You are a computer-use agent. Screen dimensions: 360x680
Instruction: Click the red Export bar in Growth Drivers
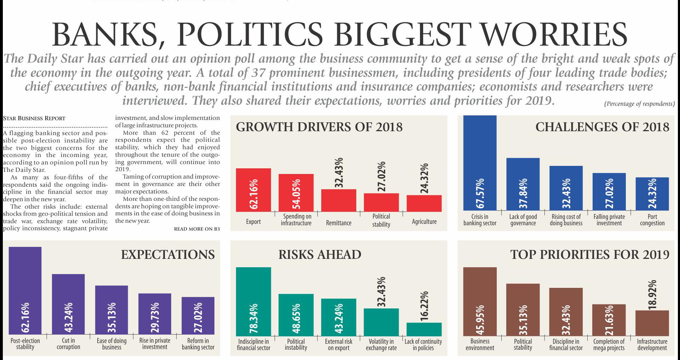[253, 190]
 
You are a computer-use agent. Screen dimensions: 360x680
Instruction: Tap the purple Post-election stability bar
[25, 290]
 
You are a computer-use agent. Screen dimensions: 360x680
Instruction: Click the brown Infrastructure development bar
[652, 323]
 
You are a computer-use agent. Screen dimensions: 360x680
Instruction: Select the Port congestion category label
[652, 220]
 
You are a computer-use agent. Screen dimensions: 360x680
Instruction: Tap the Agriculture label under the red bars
[424, 222]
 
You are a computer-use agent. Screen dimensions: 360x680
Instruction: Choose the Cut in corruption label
[68, 344]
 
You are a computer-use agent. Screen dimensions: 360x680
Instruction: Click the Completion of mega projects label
[609, 344]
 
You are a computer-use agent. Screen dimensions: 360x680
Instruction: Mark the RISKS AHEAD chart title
[320, 255]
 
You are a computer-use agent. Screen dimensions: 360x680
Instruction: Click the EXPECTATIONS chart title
[168, 255]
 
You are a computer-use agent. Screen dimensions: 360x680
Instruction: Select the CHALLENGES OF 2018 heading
[602, 127]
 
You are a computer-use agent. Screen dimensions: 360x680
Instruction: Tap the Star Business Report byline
[34, 118]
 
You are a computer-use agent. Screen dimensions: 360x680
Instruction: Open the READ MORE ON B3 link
[197, 229]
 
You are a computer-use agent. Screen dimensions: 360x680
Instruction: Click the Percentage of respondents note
[639, 104]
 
